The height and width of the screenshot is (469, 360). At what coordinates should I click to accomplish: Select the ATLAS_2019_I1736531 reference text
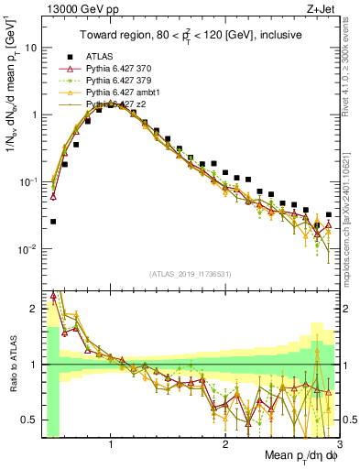click(191, 274)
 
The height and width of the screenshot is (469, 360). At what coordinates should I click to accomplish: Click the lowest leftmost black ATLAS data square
click(53, 222)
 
